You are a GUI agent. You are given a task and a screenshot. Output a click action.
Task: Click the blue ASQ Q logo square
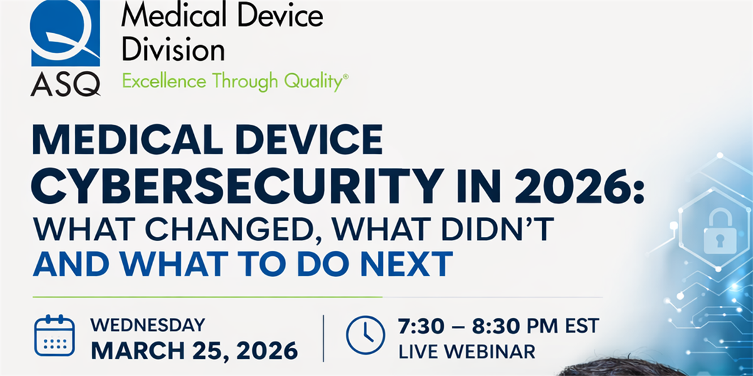coord(65,33)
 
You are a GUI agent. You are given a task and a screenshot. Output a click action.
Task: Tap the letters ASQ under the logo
coord(65,84)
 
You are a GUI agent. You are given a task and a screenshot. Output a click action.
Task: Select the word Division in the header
coord(173,50)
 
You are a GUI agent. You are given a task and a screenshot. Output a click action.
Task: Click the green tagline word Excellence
coord(164,81)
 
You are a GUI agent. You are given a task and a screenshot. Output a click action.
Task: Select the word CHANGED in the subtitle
coord(233,230)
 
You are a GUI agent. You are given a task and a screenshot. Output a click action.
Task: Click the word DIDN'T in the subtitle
coord(498,229)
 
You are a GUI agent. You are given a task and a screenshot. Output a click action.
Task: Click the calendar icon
coord(55,335)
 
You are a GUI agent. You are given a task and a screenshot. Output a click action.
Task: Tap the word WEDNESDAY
coord(147,325)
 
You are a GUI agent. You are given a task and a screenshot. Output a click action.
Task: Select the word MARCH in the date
coord(138,351)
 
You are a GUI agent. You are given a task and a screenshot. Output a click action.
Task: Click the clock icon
coord(365,335)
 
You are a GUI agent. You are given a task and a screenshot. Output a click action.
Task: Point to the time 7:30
coord(421,326)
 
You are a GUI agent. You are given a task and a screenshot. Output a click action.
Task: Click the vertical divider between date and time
coord(323,338)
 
